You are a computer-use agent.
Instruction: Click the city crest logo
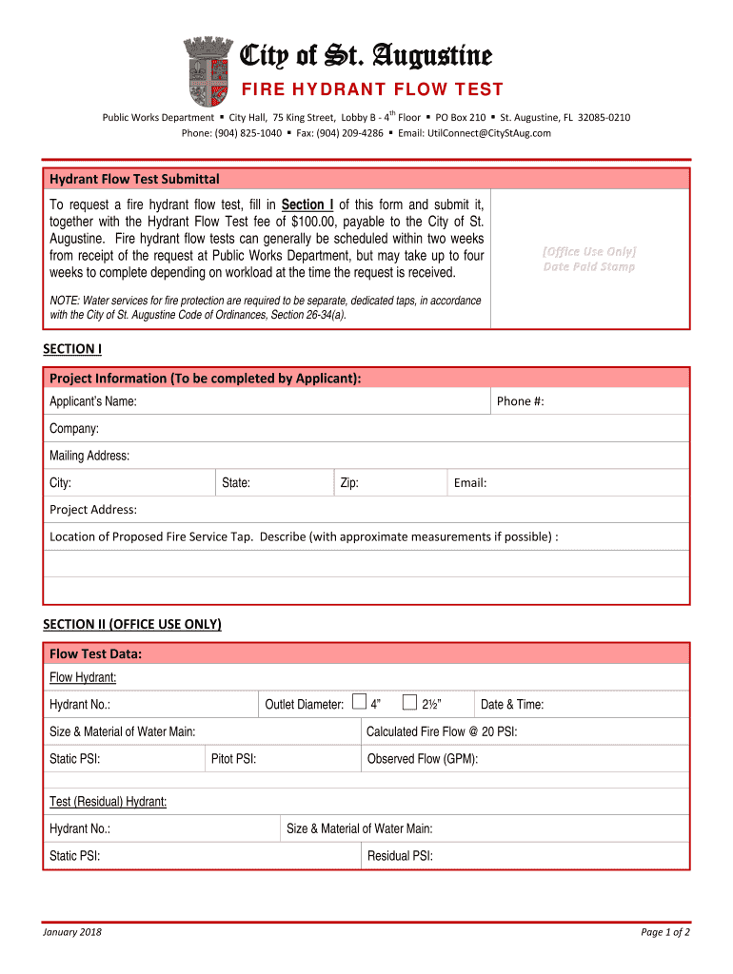(207, 71)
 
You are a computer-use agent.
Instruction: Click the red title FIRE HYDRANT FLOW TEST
(370, 90)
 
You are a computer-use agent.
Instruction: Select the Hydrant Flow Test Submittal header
(134, 179)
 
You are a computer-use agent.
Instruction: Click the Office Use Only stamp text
(589, 251)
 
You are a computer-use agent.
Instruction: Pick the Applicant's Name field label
(93, 401)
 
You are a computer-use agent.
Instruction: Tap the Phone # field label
(520, 401)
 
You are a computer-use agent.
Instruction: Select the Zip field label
(349, 483)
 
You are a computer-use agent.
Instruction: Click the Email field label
(470, 483)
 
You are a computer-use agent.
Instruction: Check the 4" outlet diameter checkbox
(358, 703)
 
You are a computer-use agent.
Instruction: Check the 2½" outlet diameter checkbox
(409, 703)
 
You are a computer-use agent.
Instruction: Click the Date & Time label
(512, 705)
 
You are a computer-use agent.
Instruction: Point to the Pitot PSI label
(233, 759)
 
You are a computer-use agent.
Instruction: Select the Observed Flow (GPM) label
(423, 759)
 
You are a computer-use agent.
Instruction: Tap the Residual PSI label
(400, 856)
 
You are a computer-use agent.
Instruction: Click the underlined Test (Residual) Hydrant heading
(109, 802)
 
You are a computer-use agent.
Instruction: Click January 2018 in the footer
(72, 932)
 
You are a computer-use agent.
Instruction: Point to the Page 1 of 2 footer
(665, 932)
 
